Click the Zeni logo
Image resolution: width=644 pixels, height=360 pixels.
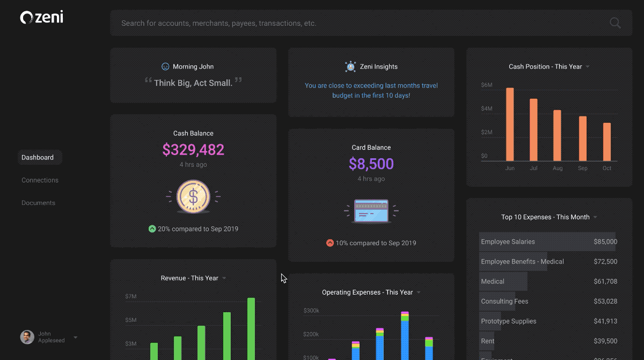point(41,18)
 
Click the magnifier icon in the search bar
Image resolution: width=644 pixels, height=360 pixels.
point(615,23)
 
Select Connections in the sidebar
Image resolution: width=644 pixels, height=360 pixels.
point(40,180)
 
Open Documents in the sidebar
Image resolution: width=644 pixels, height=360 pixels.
point(38,203)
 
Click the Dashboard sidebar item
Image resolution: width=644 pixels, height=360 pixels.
point(38,157)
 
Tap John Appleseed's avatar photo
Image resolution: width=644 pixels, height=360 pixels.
point(27,337)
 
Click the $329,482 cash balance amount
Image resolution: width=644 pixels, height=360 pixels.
point(193,150)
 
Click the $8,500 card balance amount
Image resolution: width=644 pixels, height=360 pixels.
point(371,164)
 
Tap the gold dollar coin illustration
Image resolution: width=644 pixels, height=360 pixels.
point(193,197)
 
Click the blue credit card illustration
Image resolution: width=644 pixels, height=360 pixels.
point(371,211)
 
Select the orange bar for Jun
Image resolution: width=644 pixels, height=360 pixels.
point(510,124)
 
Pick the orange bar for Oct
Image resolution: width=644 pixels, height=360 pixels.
point(607,142)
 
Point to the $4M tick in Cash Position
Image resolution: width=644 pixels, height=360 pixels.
point(486,108)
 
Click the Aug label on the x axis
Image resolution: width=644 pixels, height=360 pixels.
point(558,168)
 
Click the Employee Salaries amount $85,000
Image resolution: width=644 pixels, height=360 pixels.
point(605,242)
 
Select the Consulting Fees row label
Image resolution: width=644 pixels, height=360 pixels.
point(504,302)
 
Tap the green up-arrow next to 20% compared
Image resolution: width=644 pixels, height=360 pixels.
point(152,229)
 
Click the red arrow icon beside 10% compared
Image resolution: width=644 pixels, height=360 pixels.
point(330,243)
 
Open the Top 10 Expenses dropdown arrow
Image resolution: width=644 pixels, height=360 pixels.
point(595,217)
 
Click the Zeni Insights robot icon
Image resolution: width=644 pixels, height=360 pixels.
point(350,67)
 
